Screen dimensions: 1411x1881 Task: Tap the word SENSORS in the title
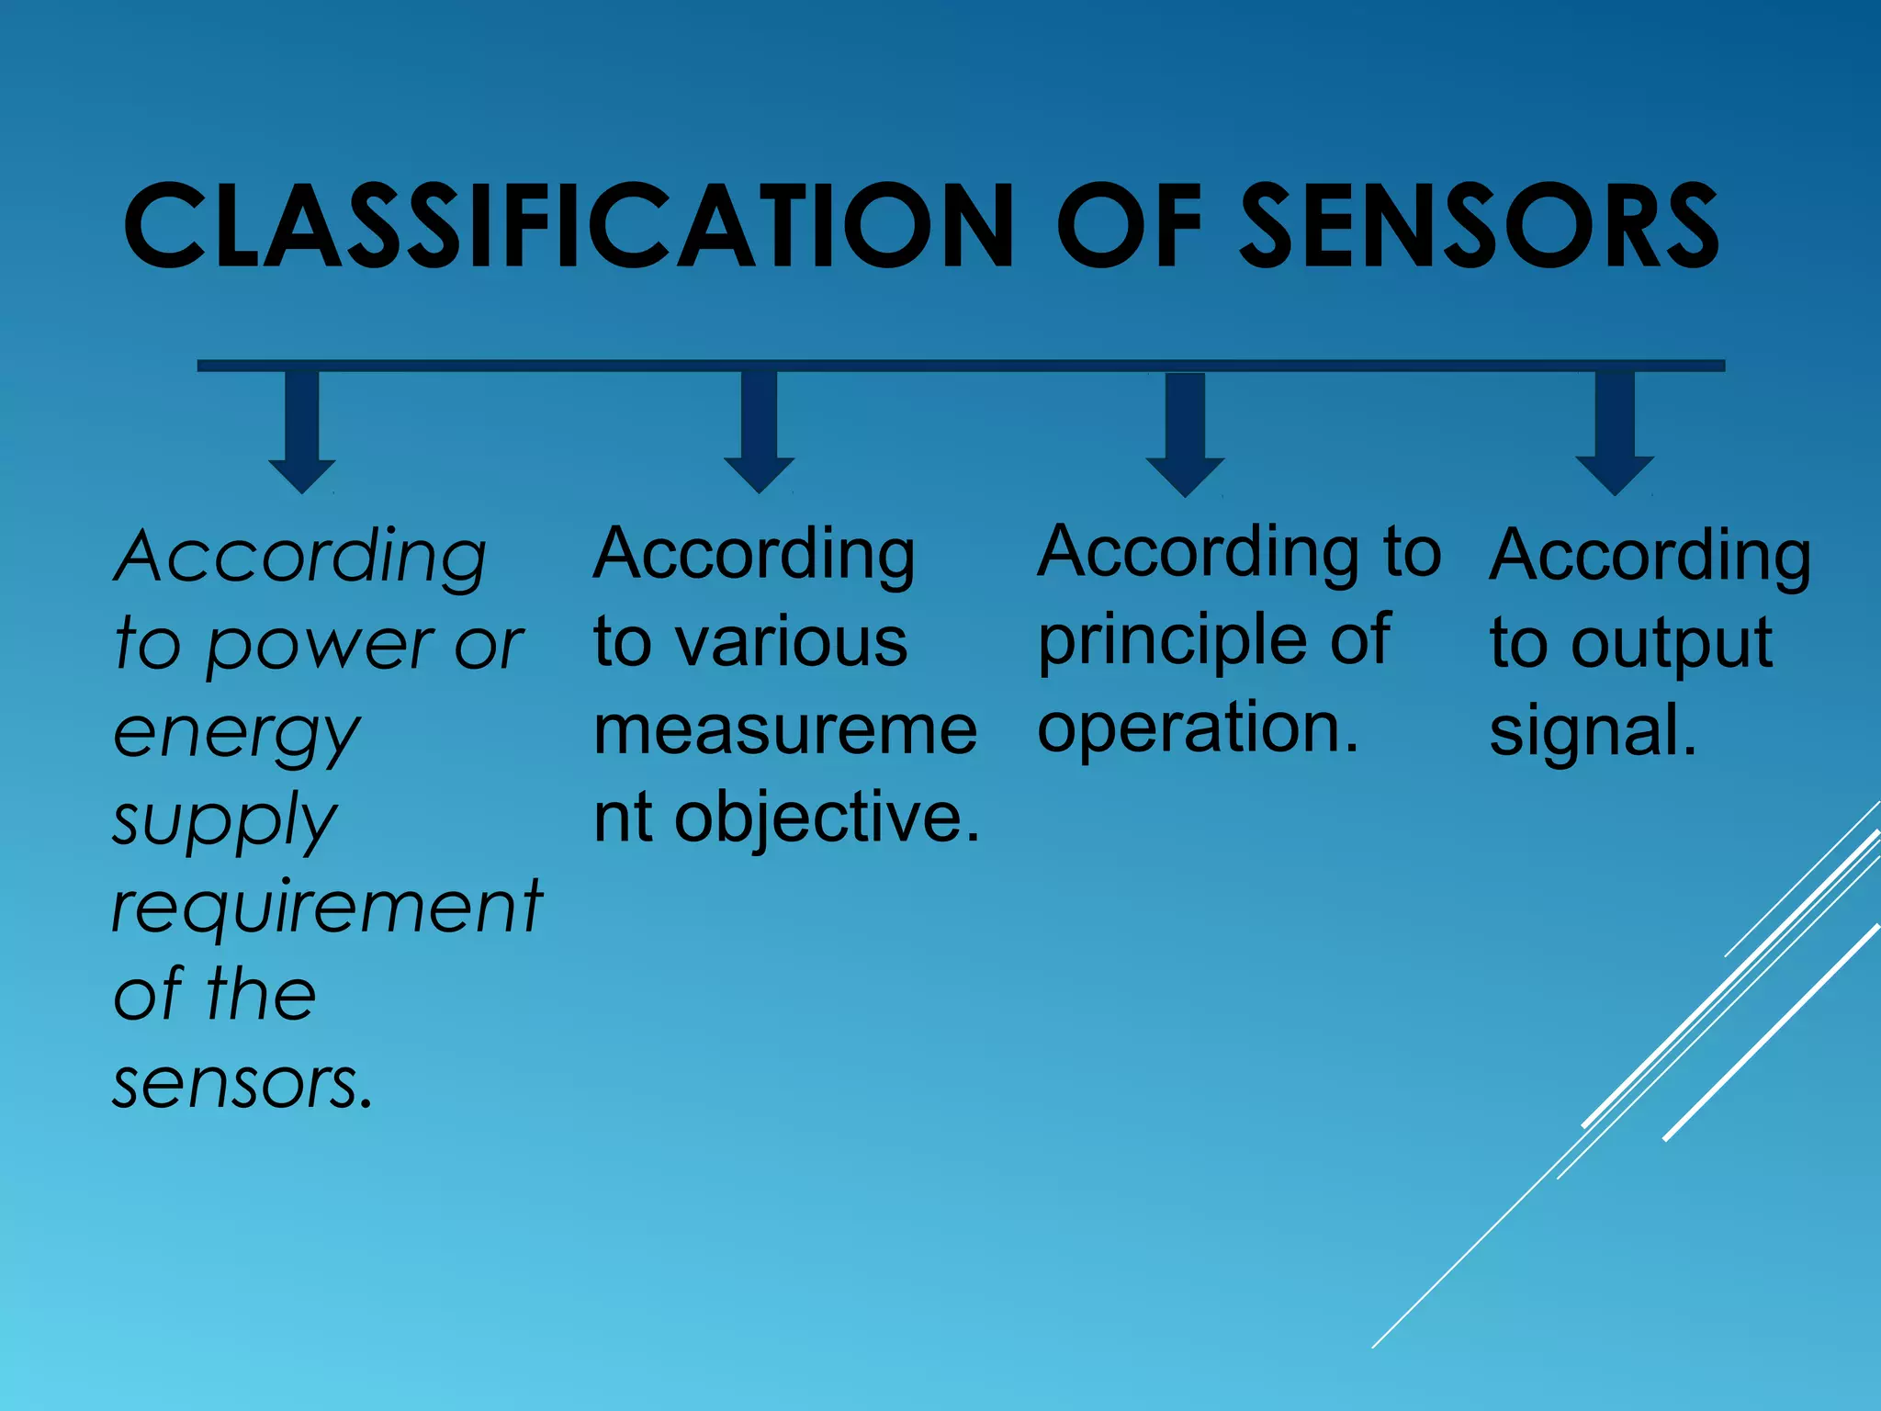(1478, 226)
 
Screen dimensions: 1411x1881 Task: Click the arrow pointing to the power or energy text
(302, 432)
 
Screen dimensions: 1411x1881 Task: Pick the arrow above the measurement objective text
(759, 432)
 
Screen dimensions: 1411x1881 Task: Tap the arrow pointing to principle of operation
(1185, 434)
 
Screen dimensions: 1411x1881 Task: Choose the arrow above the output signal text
(1615, 434)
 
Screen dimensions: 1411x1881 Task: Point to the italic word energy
(237, 735)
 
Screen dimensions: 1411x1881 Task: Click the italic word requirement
(327, 908)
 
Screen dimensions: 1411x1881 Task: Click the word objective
(827, 817)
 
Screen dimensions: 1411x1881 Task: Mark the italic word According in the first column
(300, 557)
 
